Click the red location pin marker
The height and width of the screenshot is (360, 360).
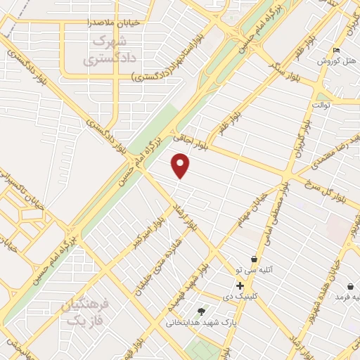(181, 166)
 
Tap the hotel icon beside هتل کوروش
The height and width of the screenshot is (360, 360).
(336, 50)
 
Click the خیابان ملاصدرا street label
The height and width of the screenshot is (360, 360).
(112, 22)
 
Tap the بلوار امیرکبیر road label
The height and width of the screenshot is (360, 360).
(146, 232)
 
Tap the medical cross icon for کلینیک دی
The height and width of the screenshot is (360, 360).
(240, 285)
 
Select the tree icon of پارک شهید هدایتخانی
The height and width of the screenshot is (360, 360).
(202, 311)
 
